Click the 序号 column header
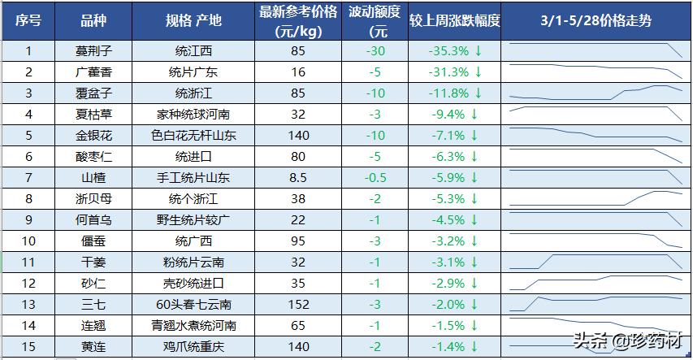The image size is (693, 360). (28, 21)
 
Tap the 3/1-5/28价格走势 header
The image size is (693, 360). (596, 21)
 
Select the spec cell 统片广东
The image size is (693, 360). (197, 72)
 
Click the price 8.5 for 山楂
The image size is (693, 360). (298, 177)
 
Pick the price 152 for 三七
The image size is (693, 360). (298, 305)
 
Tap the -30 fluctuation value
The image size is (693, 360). (375, 51)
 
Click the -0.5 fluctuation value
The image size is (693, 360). (375, 177)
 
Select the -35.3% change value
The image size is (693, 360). (448, 51)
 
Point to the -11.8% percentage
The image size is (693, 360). (448, 93)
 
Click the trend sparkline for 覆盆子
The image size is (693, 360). (596, 93)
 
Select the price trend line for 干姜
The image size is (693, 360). (596, 262)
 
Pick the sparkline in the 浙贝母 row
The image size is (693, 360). (596, 198)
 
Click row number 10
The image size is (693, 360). (28, 241)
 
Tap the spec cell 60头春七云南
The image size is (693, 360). (197, 305)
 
